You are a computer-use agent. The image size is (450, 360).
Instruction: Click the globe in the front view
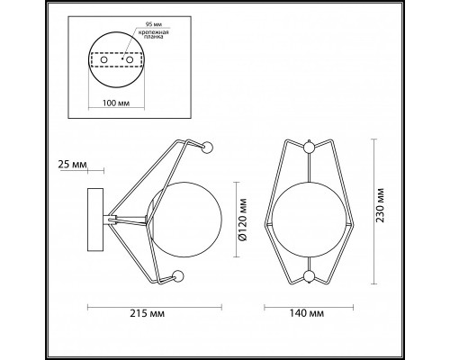(309, 216)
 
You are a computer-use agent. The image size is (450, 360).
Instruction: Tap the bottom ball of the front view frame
(309, 276)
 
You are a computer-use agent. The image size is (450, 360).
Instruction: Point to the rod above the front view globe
(309, 171)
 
